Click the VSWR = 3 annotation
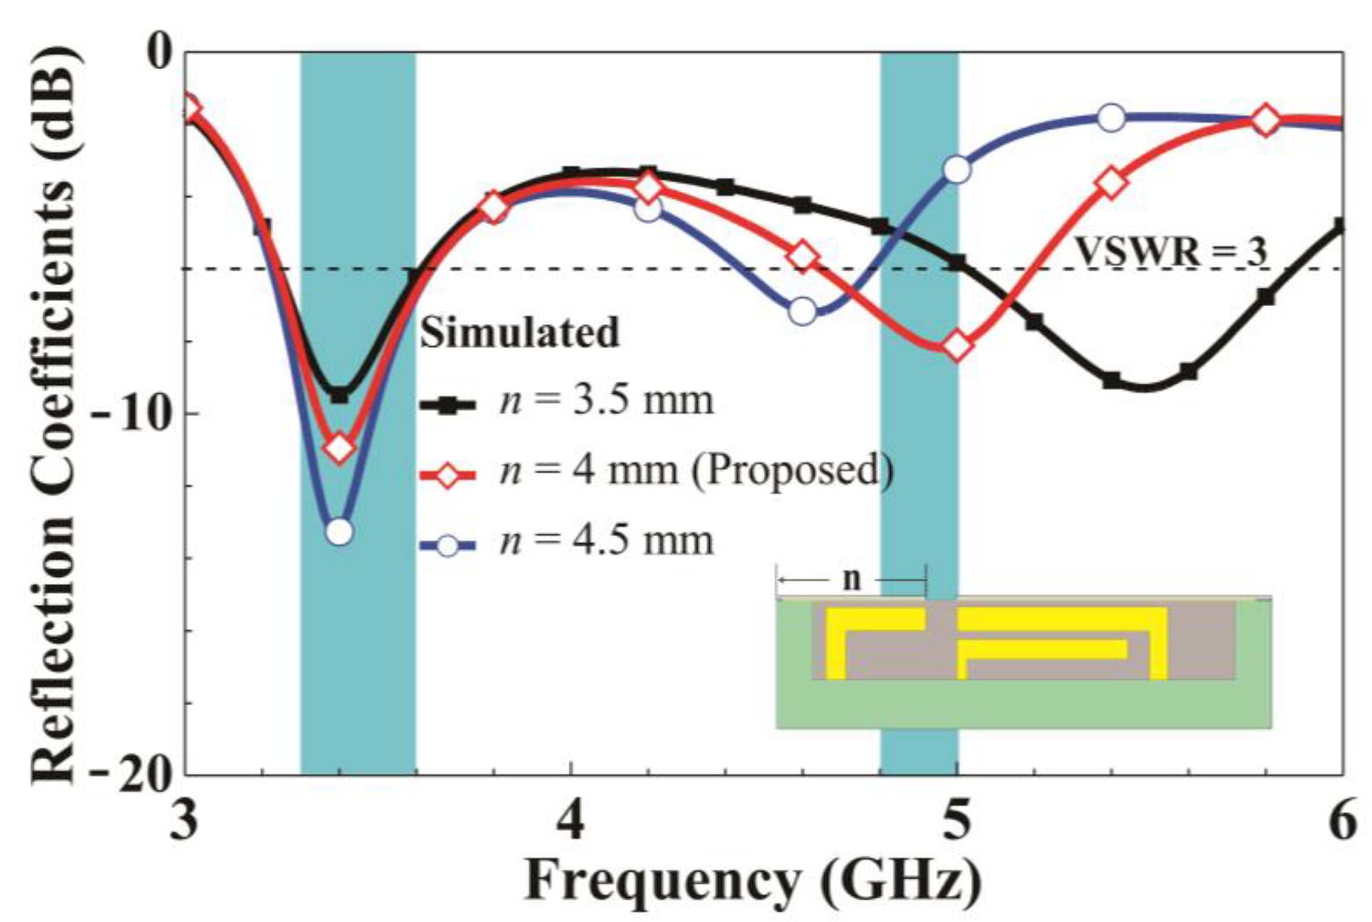point(1171,252)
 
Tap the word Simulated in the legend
point(520,333)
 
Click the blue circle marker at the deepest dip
point(338,532)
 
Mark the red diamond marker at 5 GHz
point(956,346)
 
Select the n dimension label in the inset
point(851,580)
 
